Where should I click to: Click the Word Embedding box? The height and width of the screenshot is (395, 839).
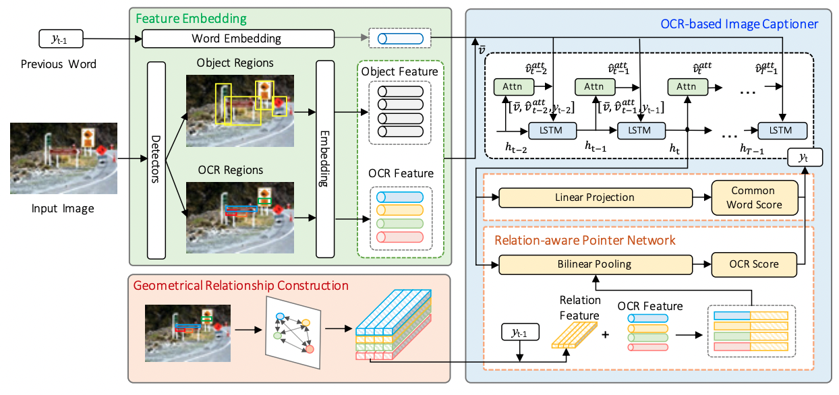click(238, 39)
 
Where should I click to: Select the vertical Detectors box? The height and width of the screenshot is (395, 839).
click(156, 160)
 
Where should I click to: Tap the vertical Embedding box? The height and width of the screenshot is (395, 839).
click(325, 160)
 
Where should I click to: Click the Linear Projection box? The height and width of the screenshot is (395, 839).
click(595, 197)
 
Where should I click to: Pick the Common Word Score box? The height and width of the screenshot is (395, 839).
click(754, 197)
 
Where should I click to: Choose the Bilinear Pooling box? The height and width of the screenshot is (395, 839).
click(595, 264)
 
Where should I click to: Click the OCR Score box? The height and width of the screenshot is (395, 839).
click(754, 264)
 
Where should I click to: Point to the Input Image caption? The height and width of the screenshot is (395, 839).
click(63, 209)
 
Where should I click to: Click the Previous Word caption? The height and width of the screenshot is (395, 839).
click(59, 65)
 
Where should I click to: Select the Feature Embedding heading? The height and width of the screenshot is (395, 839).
click(192, 19)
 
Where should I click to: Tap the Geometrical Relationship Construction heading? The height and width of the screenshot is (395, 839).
click(241, 286)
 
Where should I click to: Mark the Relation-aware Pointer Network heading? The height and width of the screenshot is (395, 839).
click(585, 239)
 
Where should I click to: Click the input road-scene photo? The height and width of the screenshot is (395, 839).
click(64, 158)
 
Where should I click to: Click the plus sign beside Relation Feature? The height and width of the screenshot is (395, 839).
click(605, 334)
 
